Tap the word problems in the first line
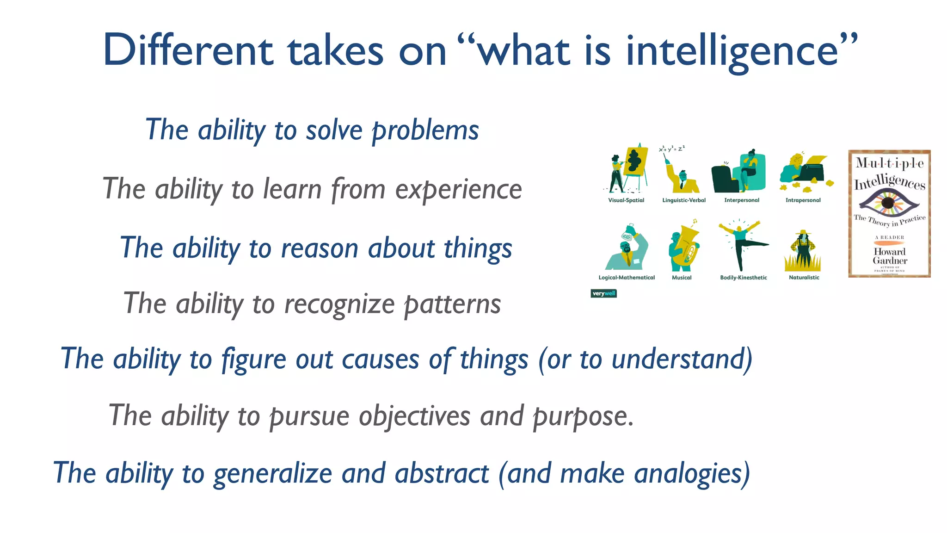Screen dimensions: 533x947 (425, 130)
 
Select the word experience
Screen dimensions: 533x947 (458, 190)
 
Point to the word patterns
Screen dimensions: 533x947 (452, 304)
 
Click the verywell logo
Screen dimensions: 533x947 (603, 293)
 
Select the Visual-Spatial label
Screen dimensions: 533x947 (626, 200)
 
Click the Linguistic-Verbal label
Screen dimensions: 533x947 (684, 200)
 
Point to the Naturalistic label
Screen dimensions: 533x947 (804, 278)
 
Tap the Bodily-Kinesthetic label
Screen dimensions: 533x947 (743, 278)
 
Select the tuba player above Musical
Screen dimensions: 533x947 (683, 248)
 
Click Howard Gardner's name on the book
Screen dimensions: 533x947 (890, 256)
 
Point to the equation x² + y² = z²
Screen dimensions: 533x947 (671, 149)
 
